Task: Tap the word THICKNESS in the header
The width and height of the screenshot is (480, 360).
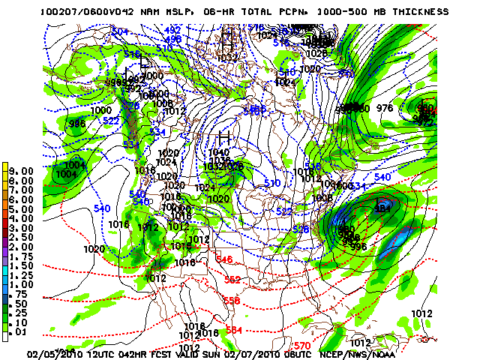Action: tap(418, 12)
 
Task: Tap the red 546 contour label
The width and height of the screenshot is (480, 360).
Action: tap(224, 259)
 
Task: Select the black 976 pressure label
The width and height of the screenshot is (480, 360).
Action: tap(385, 108)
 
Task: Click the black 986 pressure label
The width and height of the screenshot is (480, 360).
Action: tap(76, 124)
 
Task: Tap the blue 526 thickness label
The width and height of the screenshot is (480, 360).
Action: tap(301, 229)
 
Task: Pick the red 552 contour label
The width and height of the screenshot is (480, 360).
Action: tap(232, 279)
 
